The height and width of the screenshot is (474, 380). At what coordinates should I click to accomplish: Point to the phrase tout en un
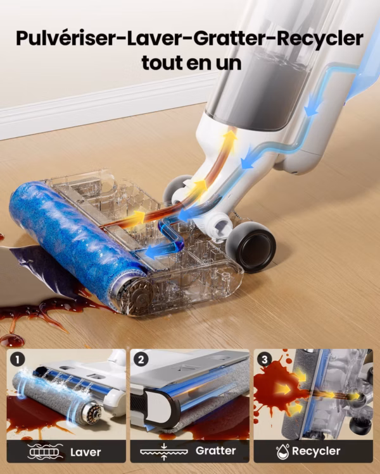pos(191,63)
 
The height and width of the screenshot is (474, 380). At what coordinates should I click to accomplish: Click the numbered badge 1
pos(17,360)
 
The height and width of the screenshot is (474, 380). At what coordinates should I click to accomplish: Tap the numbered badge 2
pos(141,360)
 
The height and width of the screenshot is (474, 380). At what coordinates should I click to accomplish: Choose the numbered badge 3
pos(264,360)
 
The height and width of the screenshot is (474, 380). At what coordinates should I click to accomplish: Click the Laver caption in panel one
pos(85,452)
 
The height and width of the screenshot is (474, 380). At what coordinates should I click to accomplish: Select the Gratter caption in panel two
pos(215,451)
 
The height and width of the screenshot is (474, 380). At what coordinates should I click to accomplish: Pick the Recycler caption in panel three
pos(316,451)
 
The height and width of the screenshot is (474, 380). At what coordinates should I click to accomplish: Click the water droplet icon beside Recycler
pos(282,451)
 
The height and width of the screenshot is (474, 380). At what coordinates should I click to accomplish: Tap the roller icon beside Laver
pos(45,452)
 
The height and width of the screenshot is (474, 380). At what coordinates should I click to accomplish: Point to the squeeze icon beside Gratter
pos(164,452)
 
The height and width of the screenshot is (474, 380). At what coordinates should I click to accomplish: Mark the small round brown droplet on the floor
pos(12,340)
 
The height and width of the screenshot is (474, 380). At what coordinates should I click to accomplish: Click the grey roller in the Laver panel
pos(56,398)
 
